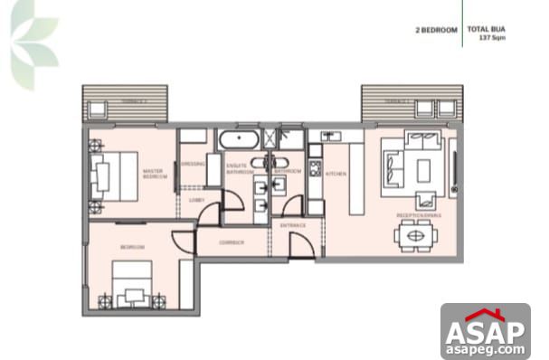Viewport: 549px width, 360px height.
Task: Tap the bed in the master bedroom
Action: [x=109, y=172]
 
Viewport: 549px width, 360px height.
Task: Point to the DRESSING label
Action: [x=191, y=164]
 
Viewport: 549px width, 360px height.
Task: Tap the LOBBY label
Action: [x=194, y=200]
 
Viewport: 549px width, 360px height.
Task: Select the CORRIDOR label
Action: [x=231, y=242]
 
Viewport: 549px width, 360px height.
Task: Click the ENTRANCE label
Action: [x=292, y=224]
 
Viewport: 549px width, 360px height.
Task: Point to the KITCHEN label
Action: [x=336, y=173]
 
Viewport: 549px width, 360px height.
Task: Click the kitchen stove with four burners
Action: [x=315, y=167]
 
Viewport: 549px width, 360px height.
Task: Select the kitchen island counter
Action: [x=356, y=175]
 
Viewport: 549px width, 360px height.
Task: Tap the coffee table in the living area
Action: [x=423, y=168]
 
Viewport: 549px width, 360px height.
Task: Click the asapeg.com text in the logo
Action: [x=485, y=348]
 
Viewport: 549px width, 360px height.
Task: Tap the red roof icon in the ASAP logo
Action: [x=485, y=315]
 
